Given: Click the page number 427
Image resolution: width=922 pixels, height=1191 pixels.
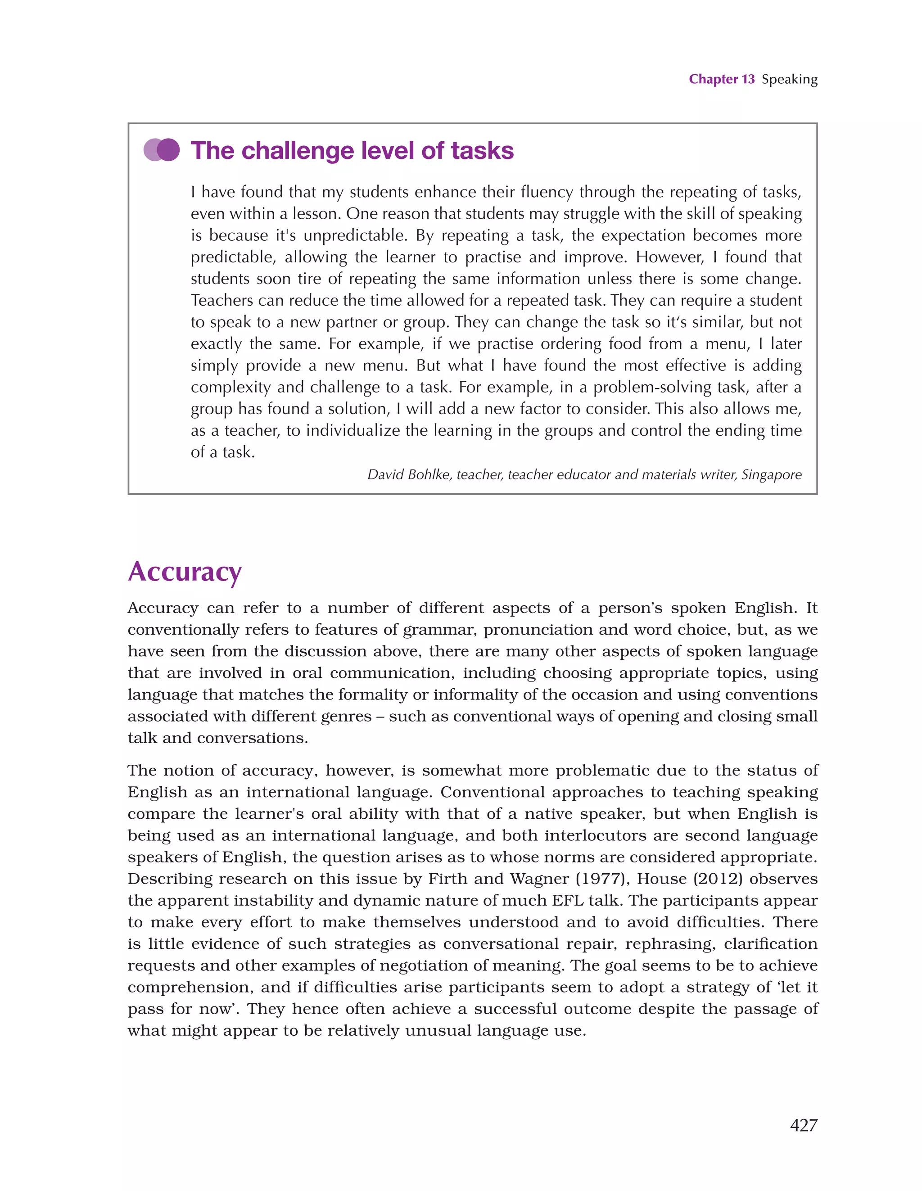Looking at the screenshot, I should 803,1125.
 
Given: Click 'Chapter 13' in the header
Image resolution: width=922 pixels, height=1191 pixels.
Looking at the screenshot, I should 721,79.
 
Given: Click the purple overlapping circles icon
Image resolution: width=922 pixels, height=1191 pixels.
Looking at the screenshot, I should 162,150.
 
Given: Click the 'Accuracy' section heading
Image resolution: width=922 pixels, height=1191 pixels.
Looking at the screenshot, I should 185,572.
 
